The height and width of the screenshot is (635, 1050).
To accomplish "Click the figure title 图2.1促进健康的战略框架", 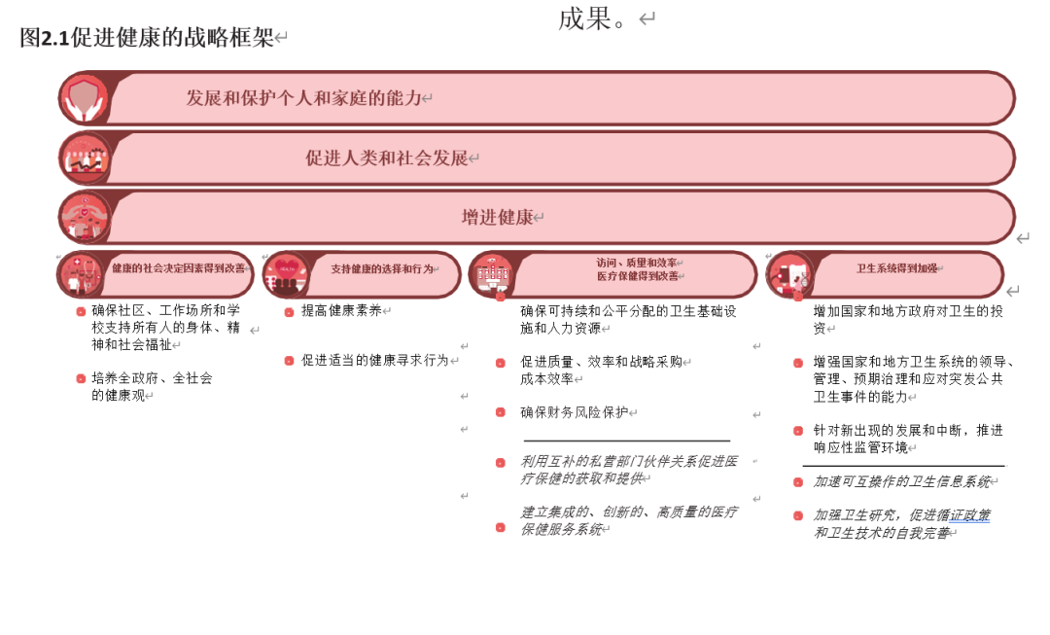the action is (x=147, y=38).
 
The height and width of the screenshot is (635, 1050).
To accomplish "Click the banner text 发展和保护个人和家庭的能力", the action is (x=304, y=98).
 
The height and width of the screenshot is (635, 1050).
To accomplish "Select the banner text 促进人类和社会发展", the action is (x=387, y=158).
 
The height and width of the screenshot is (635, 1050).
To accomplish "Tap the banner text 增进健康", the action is (x=497, y=217).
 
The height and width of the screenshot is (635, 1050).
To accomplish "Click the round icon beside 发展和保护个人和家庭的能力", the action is (x=84, y=99).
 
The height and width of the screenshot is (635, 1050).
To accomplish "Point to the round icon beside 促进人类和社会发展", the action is (x=85, y=159).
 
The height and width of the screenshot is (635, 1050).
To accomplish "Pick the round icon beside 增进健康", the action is (x=85, y=217).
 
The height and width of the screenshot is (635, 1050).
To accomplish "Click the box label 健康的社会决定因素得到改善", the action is (x=178, y=268).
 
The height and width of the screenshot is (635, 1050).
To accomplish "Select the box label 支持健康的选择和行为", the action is (x=381, y=269).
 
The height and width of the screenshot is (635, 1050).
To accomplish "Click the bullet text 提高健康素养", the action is (x=341, y=311).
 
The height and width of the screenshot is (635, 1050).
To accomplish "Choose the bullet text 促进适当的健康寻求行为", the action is (x=374, y=360).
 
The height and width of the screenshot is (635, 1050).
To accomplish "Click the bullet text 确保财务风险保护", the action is (x=574, y=412).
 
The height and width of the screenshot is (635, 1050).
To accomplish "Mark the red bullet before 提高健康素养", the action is (x=289, y=312).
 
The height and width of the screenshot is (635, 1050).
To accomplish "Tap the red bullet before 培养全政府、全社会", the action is (x=81, y=379).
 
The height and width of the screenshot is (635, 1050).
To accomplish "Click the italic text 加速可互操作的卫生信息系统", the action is (x=901, y=481).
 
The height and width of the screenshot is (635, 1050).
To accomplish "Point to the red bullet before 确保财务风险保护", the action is (x=500, y=412).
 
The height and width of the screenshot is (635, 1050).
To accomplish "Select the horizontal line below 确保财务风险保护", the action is (x=626, y=441).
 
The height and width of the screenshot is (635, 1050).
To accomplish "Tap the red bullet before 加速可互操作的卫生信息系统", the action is (x=797, y=482).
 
